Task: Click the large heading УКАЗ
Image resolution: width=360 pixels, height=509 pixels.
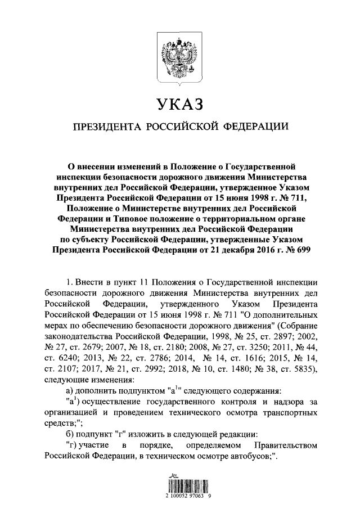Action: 179,105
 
